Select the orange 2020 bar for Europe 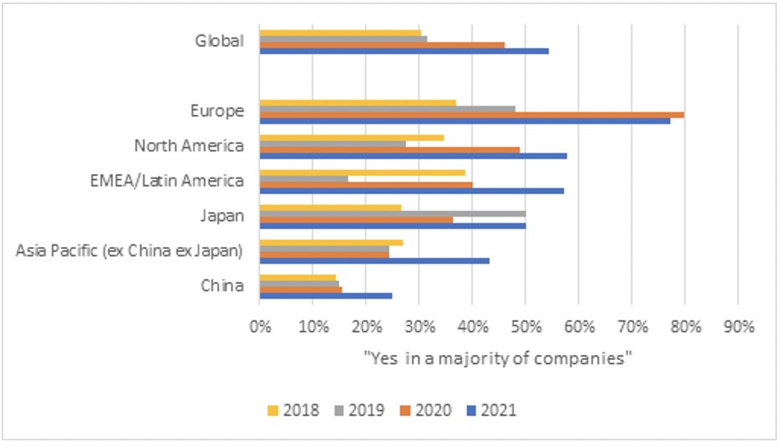tap(472, 115)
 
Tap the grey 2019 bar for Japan tap(392, 213)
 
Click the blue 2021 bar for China tap(326, 295)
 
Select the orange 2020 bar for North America tap(390, 149)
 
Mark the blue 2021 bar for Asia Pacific tap(375, 260)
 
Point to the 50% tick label tap(525, 326)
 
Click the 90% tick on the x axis tap(738, 326)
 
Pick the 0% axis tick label tap(260, 326)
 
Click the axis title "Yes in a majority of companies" tap(498, 358)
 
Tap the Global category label tap(219, 41)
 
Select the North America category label tap(190, 146)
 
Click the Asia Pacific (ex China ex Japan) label tap(130, 250)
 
